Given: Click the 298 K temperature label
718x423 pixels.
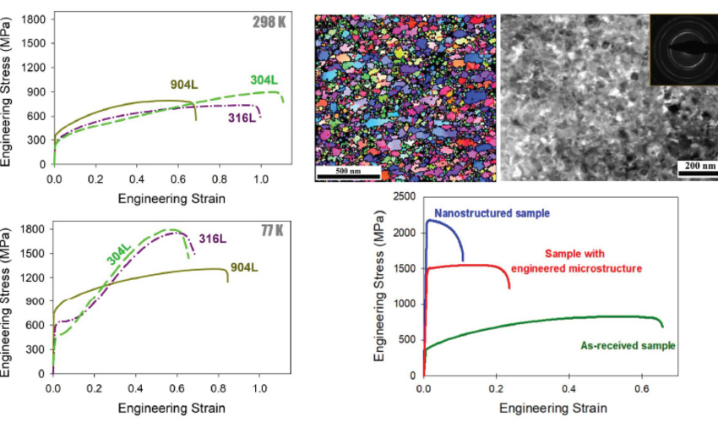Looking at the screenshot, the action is pos(269,22).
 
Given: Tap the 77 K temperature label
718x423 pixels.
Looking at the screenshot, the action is pos(273,230).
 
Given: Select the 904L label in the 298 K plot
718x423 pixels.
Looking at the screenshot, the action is pos(184,85).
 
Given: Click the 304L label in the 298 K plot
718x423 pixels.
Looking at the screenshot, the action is pos(264,80).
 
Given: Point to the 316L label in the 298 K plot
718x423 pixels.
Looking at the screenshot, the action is pos(242,118).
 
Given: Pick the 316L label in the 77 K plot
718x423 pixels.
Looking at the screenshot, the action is pos(213,239).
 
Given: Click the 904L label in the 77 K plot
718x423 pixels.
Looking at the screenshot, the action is pos(244,267).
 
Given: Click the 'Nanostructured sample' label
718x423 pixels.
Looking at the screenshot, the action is pos(492,213).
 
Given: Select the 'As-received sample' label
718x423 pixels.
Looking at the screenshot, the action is pos(628,345).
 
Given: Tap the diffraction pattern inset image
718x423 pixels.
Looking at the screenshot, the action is pos(683,50).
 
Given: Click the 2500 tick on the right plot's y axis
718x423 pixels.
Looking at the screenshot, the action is pos(405,196).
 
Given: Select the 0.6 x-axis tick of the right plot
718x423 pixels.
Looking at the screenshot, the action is pos(642,388).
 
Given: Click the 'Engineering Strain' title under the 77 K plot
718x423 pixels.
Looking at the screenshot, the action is pos(171,408).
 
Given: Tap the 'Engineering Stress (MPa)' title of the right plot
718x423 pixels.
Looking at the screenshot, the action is pos(379,286).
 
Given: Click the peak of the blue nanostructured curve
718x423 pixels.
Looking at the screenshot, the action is pos(429,220).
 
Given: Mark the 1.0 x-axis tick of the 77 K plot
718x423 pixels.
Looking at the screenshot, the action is pos(259,388).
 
